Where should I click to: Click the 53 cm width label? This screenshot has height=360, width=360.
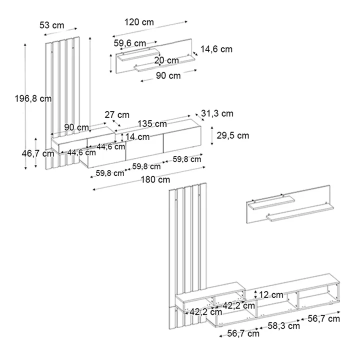tap(51, 24)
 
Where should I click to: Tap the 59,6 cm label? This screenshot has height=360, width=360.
tap(129, 43)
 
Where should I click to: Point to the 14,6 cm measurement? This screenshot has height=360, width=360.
tap(216, 49)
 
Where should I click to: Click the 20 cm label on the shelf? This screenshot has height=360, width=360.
tap(166, 60)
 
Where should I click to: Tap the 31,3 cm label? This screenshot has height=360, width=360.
tap(217, 113)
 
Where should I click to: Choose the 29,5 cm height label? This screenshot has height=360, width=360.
tap(232, 135)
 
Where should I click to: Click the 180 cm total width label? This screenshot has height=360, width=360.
tap(155, 179)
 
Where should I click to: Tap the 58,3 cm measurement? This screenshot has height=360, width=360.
tap(284, 326)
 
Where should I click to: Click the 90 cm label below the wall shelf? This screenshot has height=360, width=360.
tap(168, 76)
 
